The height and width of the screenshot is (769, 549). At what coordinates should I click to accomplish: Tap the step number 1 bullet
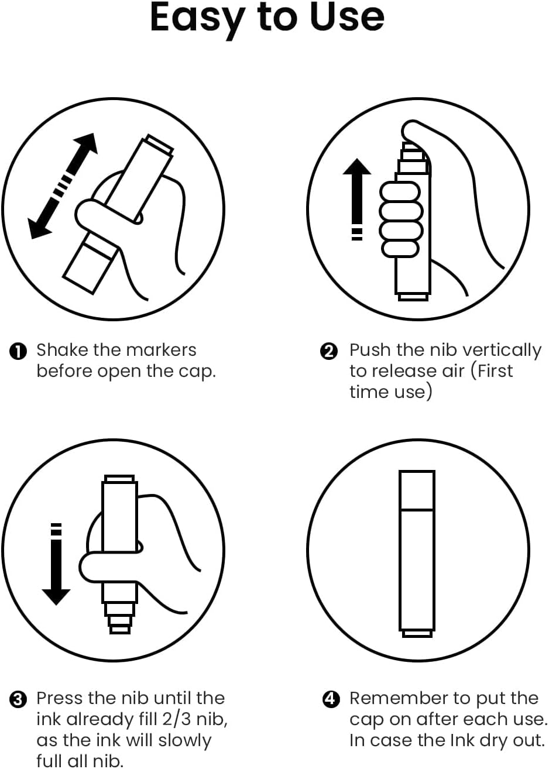[x=18, y=352]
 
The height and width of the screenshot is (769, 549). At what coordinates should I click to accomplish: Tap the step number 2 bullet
[x=328, y=352]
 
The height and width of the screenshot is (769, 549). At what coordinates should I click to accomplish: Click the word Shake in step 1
[x=63, y=350]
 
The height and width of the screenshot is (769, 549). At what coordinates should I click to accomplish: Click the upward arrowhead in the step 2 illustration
[x=357, y=167]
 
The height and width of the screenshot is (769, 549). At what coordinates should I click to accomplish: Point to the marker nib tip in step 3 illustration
[x=120, y=630]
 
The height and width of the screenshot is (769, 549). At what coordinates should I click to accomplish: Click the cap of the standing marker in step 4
[x=417, y=490]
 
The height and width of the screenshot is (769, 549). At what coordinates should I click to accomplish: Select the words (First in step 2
[x=491, y=371]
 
